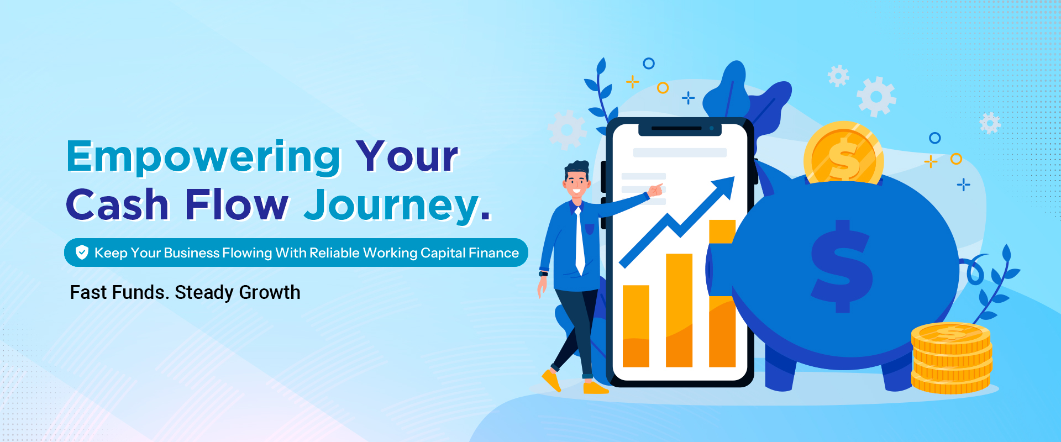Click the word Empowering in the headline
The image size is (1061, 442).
[203, 158]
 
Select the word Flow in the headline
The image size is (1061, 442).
[237, 204]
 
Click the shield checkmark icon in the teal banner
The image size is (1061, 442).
[82, 252]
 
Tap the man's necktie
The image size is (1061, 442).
[579, 241]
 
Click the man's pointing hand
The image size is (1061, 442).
[655, 191]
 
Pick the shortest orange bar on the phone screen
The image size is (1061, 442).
[636, 326]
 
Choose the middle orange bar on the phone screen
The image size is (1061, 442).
[679, 310]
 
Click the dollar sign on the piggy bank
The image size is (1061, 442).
[842, 266]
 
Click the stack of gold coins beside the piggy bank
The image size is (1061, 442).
[951, 358]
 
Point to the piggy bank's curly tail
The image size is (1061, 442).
[974, 270]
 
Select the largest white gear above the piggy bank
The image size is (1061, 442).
[876, 97]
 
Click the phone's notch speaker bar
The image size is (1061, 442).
[676, 128]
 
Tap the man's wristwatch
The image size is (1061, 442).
[543, 273]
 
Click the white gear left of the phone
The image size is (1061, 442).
[567, 130]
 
